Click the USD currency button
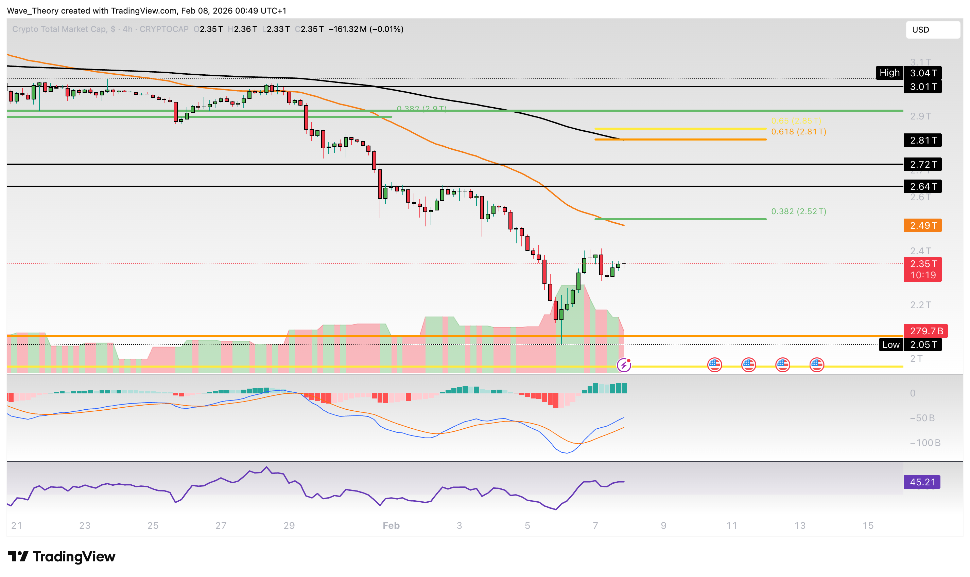pyautogui.click(x=932, y=30)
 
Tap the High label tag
pyautogui.click(x=889, y=73)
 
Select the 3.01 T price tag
pyautogui.click(x=922, y=87)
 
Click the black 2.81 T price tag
pyautogui.click(x=922, y=141)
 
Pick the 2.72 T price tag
pyautogui.click(x=922, y=165)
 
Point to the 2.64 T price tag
pyautogui.click(x=922, y=187)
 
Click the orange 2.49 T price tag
pyautogui.click(x=922, y=225)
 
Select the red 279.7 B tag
pyautogui.click(x=925, y=331)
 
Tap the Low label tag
pyautogui.click(x=890, y=345)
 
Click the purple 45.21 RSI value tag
pyautogui.click(x=922, y=482)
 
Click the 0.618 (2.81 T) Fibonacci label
pyautogui.click(x=798, y=132)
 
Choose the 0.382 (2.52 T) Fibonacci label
pyautogui.click(x=798, y=211)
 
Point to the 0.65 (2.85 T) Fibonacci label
pyautogui.click(x=796, y=121)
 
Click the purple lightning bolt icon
pyautogui.click(x=624, y=365)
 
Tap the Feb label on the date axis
pyautogui.click(x=391, y=526)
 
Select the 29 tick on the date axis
pyautogui.click(x=289, y=526)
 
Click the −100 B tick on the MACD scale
pyautogui.click(x=924, y=443)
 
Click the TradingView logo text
pyautogui.click(x=74, y=557)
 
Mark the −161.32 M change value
pyautogui.click(x=347, y=29)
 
